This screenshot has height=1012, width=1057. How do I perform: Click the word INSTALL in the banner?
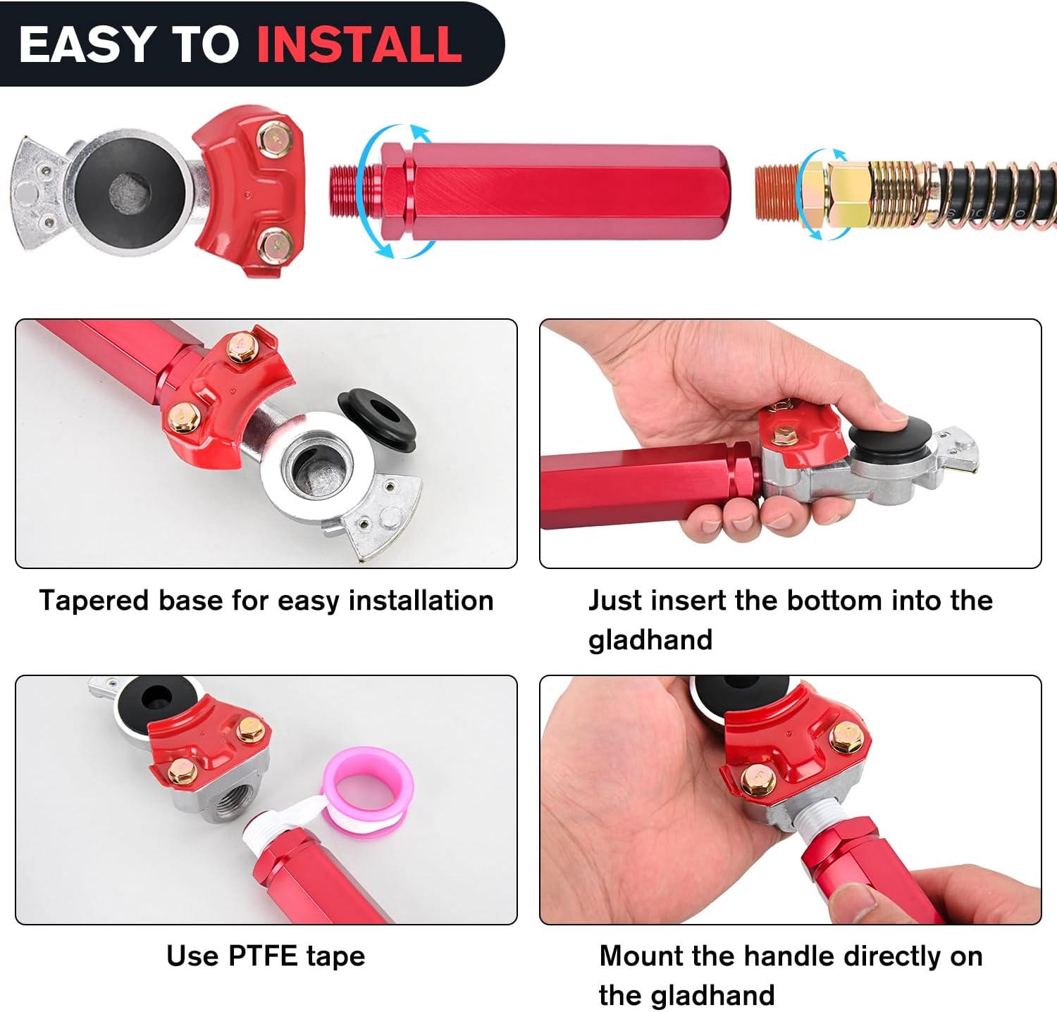tap(359, 44)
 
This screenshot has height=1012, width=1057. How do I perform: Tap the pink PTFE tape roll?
tap(367, 789)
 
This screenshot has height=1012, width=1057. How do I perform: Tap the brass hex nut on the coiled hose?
tap(846, 193)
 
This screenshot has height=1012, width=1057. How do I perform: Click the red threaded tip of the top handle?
tap(345, 192)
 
